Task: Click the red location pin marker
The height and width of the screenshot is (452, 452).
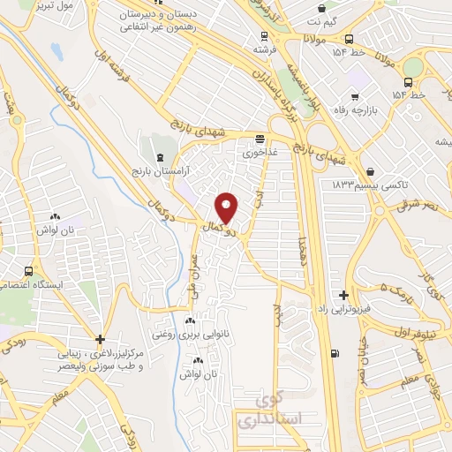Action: click(x=228, y=207)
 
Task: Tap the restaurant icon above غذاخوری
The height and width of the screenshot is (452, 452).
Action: click(x=260, y=139)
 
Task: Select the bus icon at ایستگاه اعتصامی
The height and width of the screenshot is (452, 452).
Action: click(x=29, y=271)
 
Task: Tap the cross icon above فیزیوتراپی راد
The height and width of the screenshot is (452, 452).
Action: click(x=343, y=295)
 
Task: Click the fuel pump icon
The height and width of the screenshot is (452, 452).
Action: click(x=334, y=354)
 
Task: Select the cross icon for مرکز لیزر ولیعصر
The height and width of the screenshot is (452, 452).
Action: click(x=100, y=339)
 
